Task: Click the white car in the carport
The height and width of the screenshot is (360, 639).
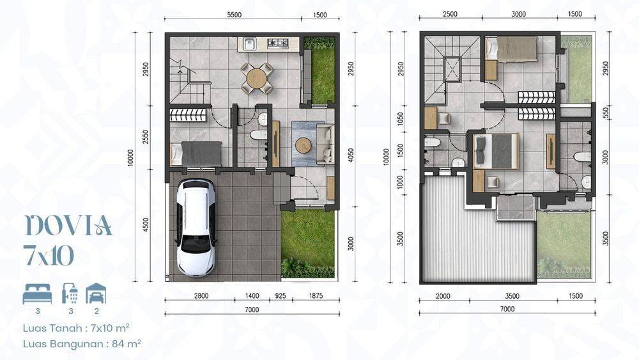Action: click(x=196, y=228)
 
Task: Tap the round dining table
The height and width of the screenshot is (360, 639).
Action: click(x=256, y=77)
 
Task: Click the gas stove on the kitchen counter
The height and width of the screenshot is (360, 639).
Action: click(x=278, y=42)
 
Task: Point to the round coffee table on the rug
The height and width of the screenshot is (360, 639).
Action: click(x=303, y=145)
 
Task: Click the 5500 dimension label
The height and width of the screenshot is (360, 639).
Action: click(x=234, y=15)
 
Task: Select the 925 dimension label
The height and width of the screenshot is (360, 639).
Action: click(x=280, y=296)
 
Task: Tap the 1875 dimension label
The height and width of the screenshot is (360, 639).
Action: click(x=316, y=296)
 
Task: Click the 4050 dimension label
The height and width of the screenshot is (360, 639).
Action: click(x=351, y=155)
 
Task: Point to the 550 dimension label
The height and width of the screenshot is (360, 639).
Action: click(x=605, y=112)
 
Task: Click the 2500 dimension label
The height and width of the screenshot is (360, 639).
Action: click(x=450, y=14)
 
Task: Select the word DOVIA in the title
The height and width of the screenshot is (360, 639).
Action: click(x=68, y=226)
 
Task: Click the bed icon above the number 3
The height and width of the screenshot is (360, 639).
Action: click(x=37, y=294)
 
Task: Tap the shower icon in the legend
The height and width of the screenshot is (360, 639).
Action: click(x=70, y=294)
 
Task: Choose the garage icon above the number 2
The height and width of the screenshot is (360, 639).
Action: click(x=96, y=293)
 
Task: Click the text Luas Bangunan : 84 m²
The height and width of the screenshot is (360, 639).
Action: click(x=82, y=343)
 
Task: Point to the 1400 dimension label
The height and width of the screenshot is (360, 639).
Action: click(x=252, y=296)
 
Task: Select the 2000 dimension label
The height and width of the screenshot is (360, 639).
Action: click(x=443, y=296)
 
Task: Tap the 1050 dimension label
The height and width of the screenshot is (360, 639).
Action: click(x=400, y=119)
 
